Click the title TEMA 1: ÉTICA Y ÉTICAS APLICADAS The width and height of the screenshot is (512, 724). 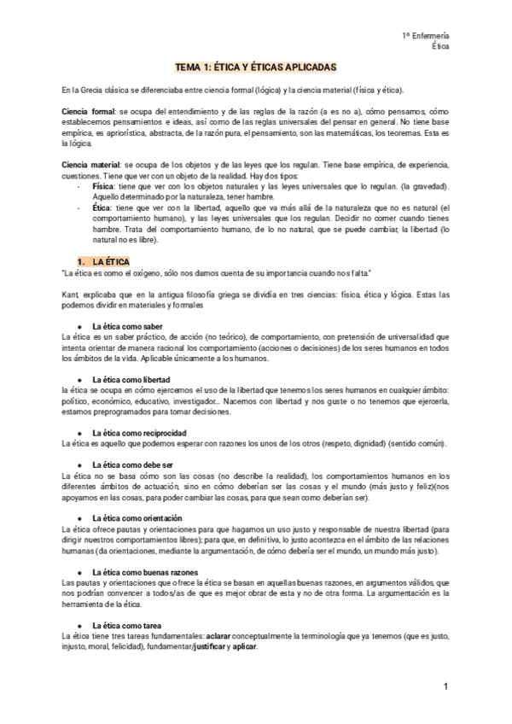point(256,66)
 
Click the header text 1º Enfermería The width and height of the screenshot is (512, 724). point(426,35)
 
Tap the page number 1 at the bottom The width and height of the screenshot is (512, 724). point(445,687)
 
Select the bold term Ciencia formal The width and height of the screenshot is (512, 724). point(87,113)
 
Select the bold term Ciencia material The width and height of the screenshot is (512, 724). point(92,162)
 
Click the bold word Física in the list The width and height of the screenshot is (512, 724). point(102,185)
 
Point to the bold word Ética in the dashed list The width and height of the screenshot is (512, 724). point(100,207)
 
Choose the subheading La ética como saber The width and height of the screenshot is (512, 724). point(126,326)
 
